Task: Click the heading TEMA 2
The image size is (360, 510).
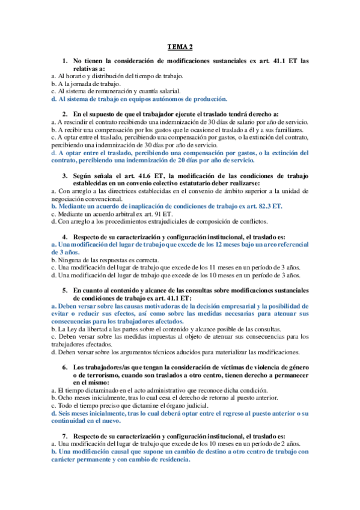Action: pos(180,48)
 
